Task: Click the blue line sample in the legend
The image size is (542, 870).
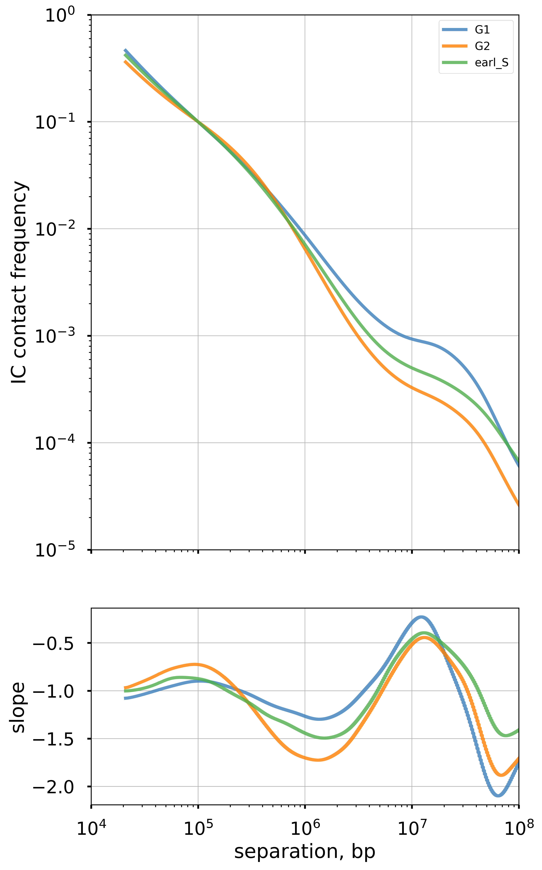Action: point(455,30)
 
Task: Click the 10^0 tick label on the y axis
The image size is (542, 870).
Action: point(60,16)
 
